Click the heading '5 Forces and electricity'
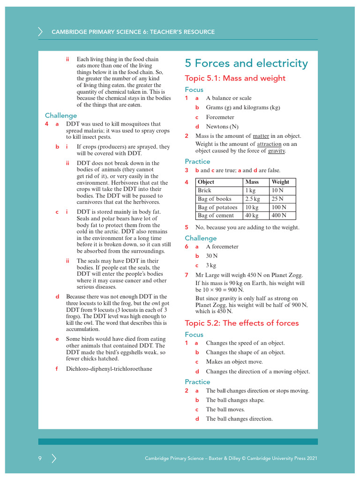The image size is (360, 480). (x=246, y=63)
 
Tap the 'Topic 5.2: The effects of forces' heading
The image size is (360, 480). (x=241, y=323)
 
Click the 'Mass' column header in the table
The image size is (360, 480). (x=252, y=182)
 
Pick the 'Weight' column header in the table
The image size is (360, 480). (x=280, y=182)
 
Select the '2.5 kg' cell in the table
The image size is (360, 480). (x=252, y=199)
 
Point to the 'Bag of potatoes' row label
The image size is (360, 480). (x=217, y=207)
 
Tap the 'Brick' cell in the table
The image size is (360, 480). (x=205, y=190)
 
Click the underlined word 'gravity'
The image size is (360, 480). (x=276, y=151)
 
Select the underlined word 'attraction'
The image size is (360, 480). (x=269, y=144)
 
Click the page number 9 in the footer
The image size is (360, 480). (x=40, y=458)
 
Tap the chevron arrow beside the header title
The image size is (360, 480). (x=40, y=32)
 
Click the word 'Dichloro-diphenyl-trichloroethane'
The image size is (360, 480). (x=109, y=369)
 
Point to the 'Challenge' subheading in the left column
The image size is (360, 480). (x=61, y=115)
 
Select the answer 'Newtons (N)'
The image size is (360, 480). (x=222, y=127)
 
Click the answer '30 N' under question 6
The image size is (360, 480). (x=212, y=256)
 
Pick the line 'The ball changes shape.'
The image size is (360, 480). (x=235, y=400)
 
